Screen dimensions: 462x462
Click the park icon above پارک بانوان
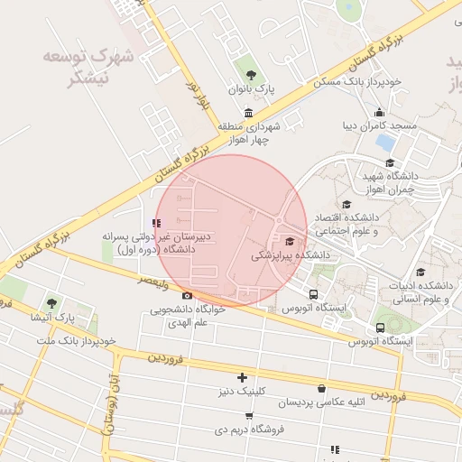click(x=250, y=75)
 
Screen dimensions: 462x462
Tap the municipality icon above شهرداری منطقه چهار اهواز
click(x=248, y=111)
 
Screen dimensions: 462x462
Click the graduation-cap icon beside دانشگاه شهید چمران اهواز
click(x=390, y=163)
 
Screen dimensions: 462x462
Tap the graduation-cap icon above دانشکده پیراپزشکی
click(x=290, y=241)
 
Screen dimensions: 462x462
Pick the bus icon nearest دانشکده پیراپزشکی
click(x=313, y=294)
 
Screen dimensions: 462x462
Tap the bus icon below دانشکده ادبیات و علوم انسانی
click(x=380, y=327)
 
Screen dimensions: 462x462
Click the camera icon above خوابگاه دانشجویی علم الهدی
click(x=187, y=295)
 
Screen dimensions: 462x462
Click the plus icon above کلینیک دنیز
click(x=241, y=377)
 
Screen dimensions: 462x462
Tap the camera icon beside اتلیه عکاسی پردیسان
click(x=321, y=402)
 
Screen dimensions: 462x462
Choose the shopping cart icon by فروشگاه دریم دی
click(x=249, y=416)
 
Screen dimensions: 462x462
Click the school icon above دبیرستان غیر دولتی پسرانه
click(x=157, y=222)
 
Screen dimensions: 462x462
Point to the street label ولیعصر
click(x=154, y=283)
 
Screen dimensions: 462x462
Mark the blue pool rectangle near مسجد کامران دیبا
click(x=385, y=143)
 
